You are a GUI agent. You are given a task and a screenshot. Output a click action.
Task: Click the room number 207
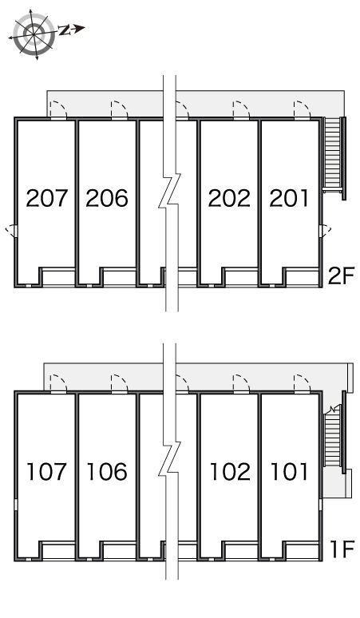pyautogui.click(x=47, y=198)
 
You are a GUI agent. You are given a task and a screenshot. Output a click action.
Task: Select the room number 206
pyautogui.click(x=107, y=198)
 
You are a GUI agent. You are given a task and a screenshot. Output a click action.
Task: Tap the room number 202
pyautogui.click(x=229, y=198)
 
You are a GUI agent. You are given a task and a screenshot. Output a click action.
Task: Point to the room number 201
pyautogui.click(x=289, y=198)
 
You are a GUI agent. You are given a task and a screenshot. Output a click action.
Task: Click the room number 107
pyautogui.click(x=46, y=472)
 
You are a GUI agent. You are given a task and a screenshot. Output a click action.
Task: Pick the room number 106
pyautogui.click(x=107, y=472)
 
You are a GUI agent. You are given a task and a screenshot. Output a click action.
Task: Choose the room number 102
pyautogui.click(x=230, y=472)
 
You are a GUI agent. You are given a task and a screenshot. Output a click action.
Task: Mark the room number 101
pyautogui.click(x=289, y=472)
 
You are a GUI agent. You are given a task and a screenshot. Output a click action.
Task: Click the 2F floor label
pyautogui.click(x=342, y=275)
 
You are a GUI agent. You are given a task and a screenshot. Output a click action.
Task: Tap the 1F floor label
pyautogui.click(x=342, y=549)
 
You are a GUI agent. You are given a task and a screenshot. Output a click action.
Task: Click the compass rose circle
pyautogui.click(x=34, y=33)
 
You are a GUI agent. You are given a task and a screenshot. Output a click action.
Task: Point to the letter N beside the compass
pyautogui.click(x=64, y=30)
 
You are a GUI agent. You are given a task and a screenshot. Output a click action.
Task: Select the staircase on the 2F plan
pyautogui.click(x=334, y=157)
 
